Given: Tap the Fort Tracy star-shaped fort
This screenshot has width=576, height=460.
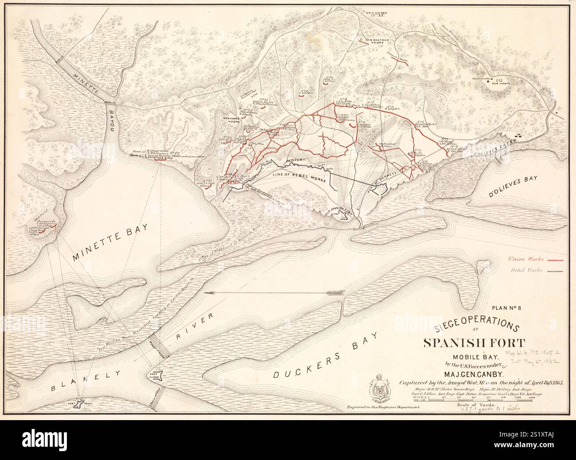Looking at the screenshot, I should click(80, 403).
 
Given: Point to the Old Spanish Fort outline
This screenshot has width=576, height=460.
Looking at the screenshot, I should click(342, 215).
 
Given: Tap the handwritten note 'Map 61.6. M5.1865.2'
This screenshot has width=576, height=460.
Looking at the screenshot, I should click(534, 351).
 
